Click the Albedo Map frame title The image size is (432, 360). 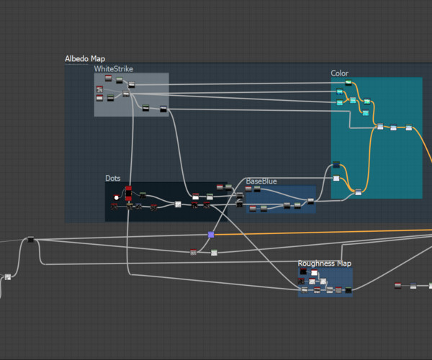click(85, 59)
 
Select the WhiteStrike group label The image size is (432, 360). click(114, 69)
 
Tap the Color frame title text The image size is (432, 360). click(339, 73)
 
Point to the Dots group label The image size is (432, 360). click(113, 178)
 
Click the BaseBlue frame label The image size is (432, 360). click(261, 181)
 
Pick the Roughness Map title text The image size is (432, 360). click(325, 264)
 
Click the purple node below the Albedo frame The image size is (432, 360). click(211, 235)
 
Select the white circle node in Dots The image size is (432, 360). click(117, 197)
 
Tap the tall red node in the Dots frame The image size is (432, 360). click(128, 193)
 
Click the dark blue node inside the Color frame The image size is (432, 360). click(336, 166)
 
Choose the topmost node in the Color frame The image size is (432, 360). click(348, 83)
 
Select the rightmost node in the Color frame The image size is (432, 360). click(409, 127)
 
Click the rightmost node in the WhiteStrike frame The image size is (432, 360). click(163, 109)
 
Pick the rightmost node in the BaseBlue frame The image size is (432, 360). click(311, 202)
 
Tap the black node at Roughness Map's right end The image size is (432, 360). click(348, 289)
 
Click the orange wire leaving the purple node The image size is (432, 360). click(324, 232)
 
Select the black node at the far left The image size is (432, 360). click(30, 240)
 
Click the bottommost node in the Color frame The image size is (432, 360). click(358, 192)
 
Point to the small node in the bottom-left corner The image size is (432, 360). click(8, 276)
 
